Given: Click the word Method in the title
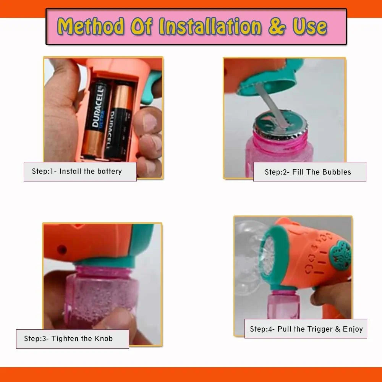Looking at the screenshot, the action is click(91, 26).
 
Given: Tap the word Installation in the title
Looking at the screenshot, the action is click(210, 26).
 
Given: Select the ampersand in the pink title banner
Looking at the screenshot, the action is click(277, 26).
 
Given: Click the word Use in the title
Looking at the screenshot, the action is click(310, 26).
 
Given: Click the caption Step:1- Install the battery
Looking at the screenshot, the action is click(77, 171).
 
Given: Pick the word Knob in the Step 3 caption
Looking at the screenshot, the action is click(104, 338).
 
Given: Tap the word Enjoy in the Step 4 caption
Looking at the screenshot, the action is click(353, 329).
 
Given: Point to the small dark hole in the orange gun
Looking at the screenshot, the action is click(62, 250).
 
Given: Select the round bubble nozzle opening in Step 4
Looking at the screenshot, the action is click(269, 256).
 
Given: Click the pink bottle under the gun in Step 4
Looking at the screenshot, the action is click(283, 305).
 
